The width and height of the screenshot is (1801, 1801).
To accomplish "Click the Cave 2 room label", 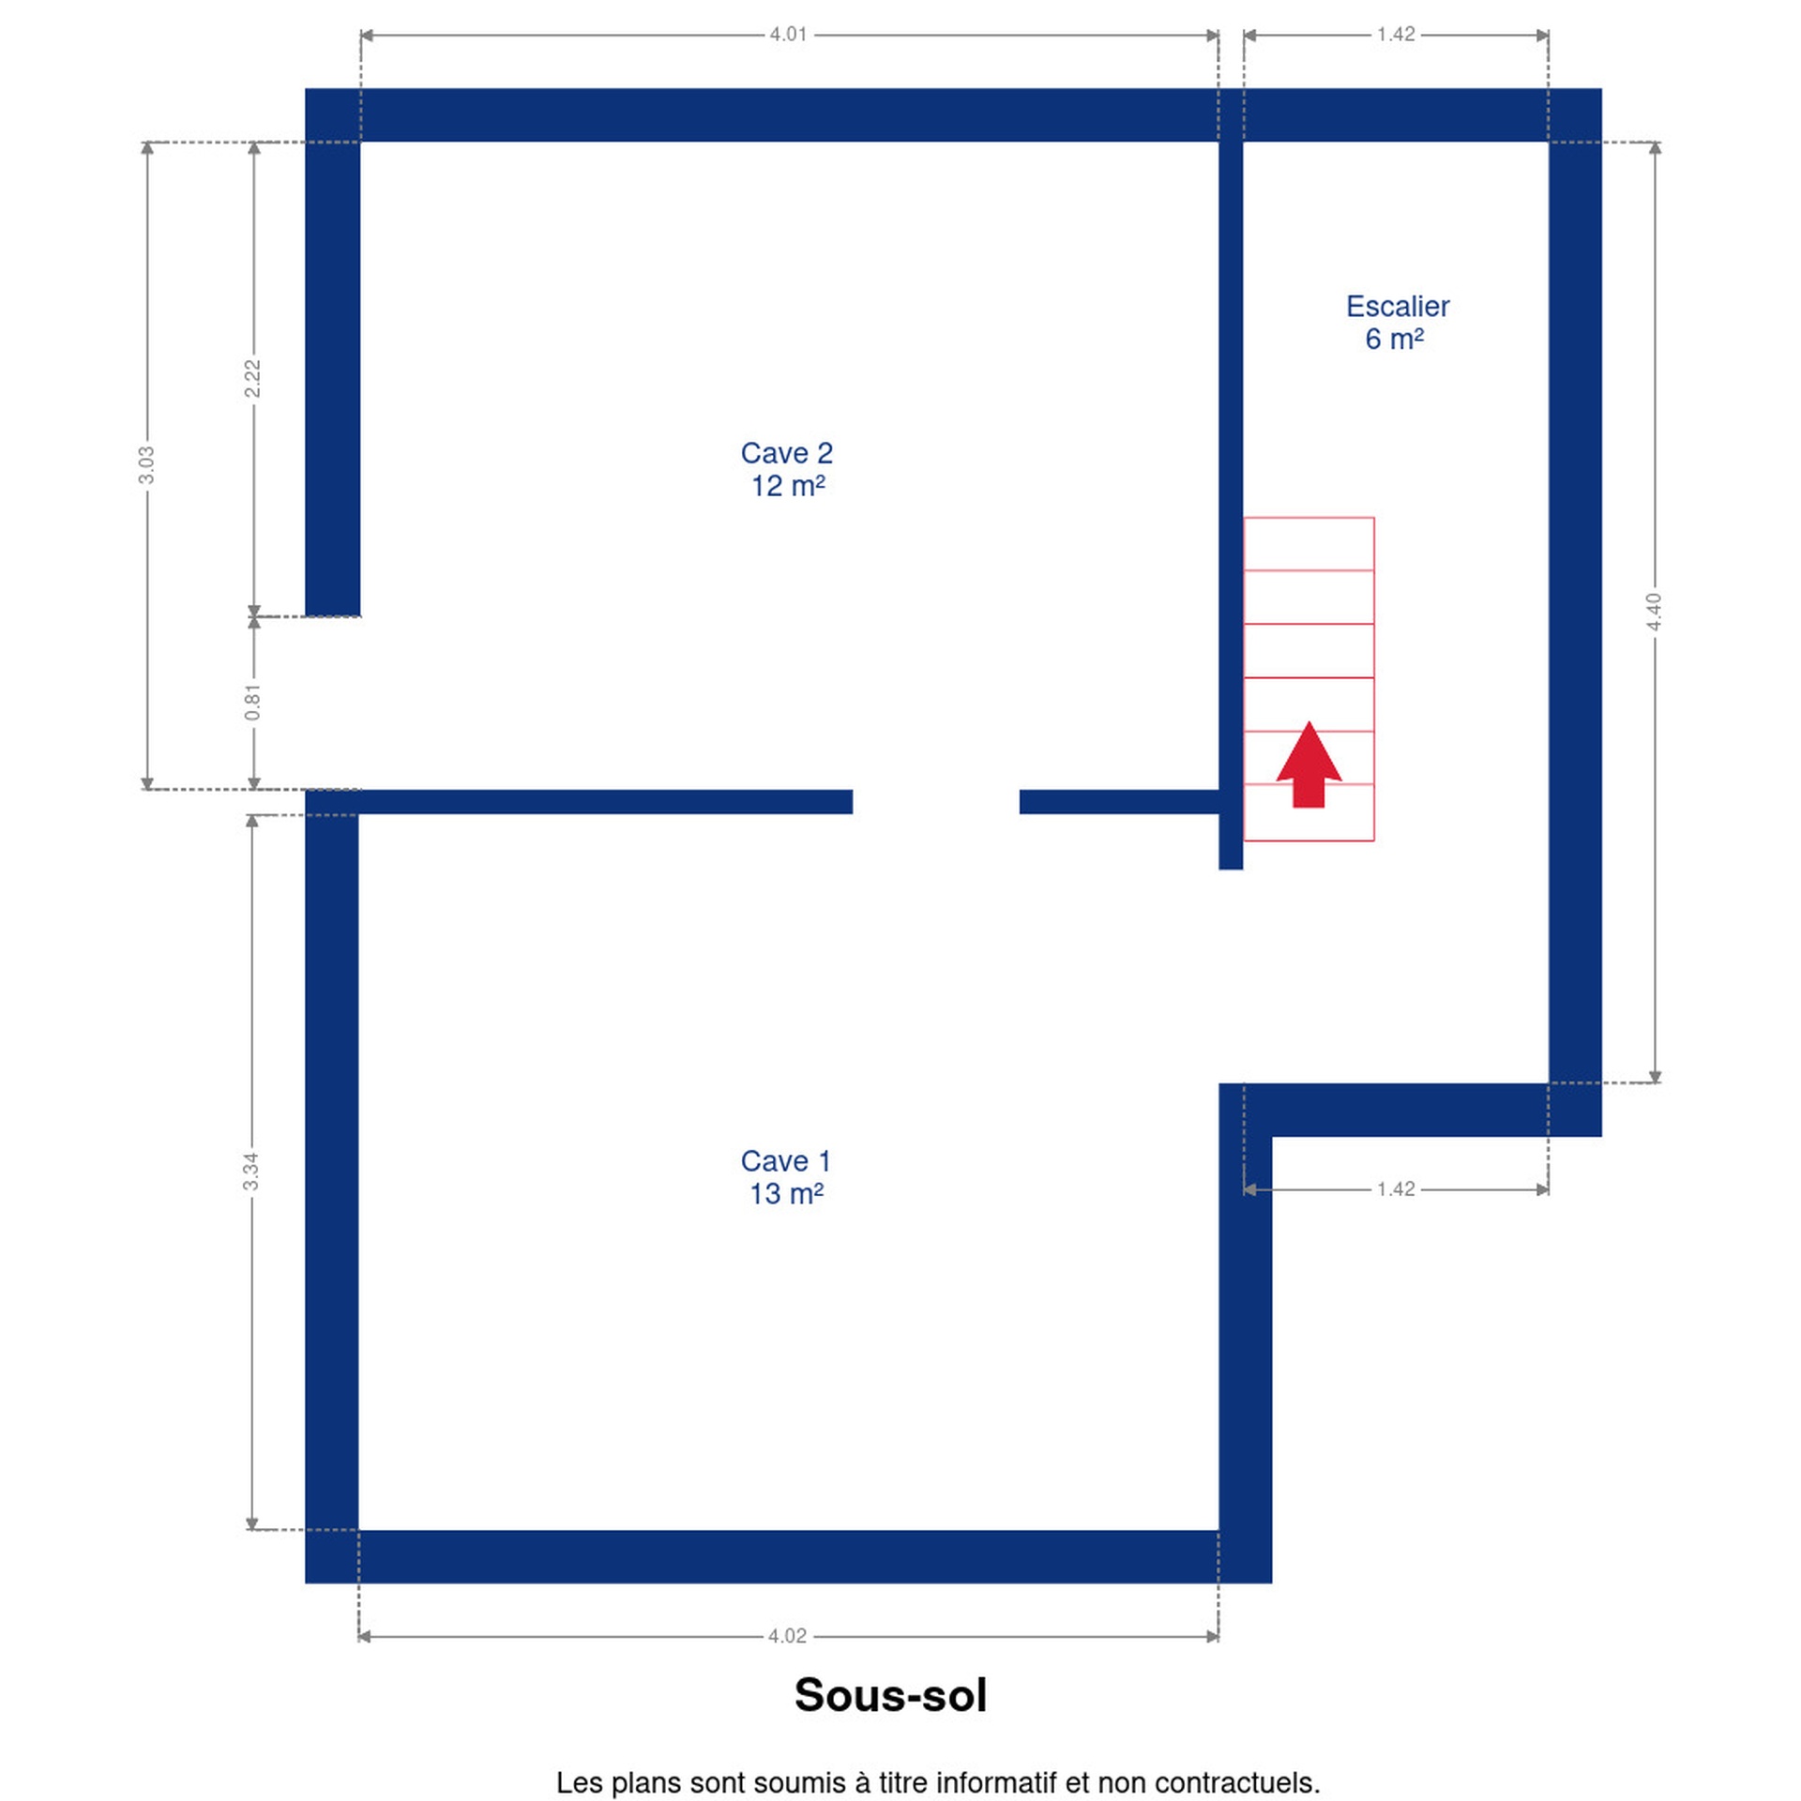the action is click(786, 453).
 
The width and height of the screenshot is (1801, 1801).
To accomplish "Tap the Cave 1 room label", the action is click(785, 1160).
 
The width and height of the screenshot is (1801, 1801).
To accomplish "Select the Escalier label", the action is click(1397, 306).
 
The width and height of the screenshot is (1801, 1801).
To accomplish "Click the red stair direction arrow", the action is click(1309, 764).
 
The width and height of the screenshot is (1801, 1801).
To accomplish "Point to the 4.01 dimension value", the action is click(788, 35).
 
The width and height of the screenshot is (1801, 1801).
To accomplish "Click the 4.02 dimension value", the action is click(787, 1636).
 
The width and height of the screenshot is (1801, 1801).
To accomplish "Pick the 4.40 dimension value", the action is click(1654, 612).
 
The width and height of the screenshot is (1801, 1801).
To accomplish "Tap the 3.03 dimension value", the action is click(146, 465).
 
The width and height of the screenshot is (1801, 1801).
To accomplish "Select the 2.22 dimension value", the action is click(252, 378).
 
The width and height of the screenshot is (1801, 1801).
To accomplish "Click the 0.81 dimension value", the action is click(252, 703).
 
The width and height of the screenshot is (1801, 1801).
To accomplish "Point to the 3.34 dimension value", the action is click(250, 1172).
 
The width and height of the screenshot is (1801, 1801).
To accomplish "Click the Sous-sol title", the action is click(890, 1695).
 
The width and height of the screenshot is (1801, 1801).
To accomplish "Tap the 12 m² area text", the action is click(787, 486).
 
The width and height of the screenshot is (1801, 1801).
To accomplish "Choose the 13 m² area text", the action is click(786, 1193).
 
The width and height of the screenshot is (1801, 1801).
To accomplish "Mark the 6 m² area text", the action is click(1394, 339).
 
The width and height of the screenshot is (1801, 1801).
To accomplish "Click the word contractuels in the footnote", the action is click(1236, 1782).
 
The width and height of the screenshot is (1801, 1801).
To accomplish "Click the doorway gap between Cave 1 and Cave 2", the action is click(935, 801).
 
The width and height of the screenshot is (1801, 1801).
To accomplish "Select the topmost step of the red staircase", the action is click(1309, 543).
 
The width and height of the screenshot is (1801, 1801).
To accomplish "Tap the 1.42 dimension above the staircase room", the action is click(1395, 35).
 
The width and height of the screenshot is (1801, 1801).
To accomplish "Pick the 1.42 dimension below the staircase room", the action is click(1395, 1188).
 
